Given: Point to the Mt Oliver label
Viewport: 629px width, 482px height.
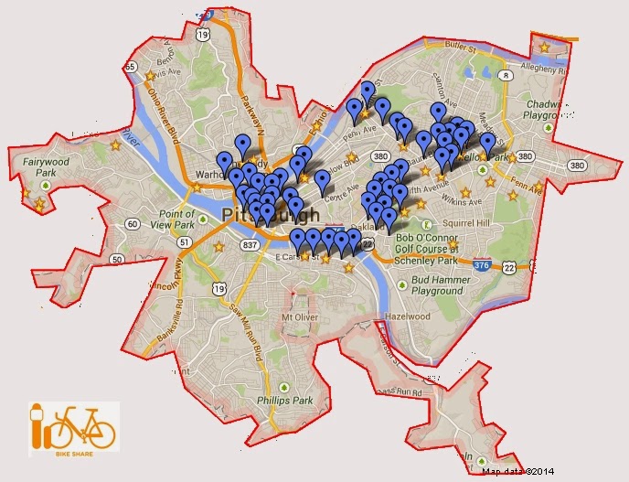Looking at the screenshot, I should coord(300,317).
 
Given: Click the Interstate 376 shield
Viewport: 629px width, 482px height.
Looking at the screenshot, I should coord(482,264).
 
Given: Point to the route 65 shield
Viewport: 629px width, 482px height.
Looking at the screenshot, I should coord(132,67).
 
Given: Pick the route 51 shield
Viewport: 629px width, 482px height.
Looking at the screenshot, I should coord(186,242).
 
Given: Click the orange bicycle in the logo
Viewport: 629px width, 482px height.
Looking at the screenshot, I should coord(84,426).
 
